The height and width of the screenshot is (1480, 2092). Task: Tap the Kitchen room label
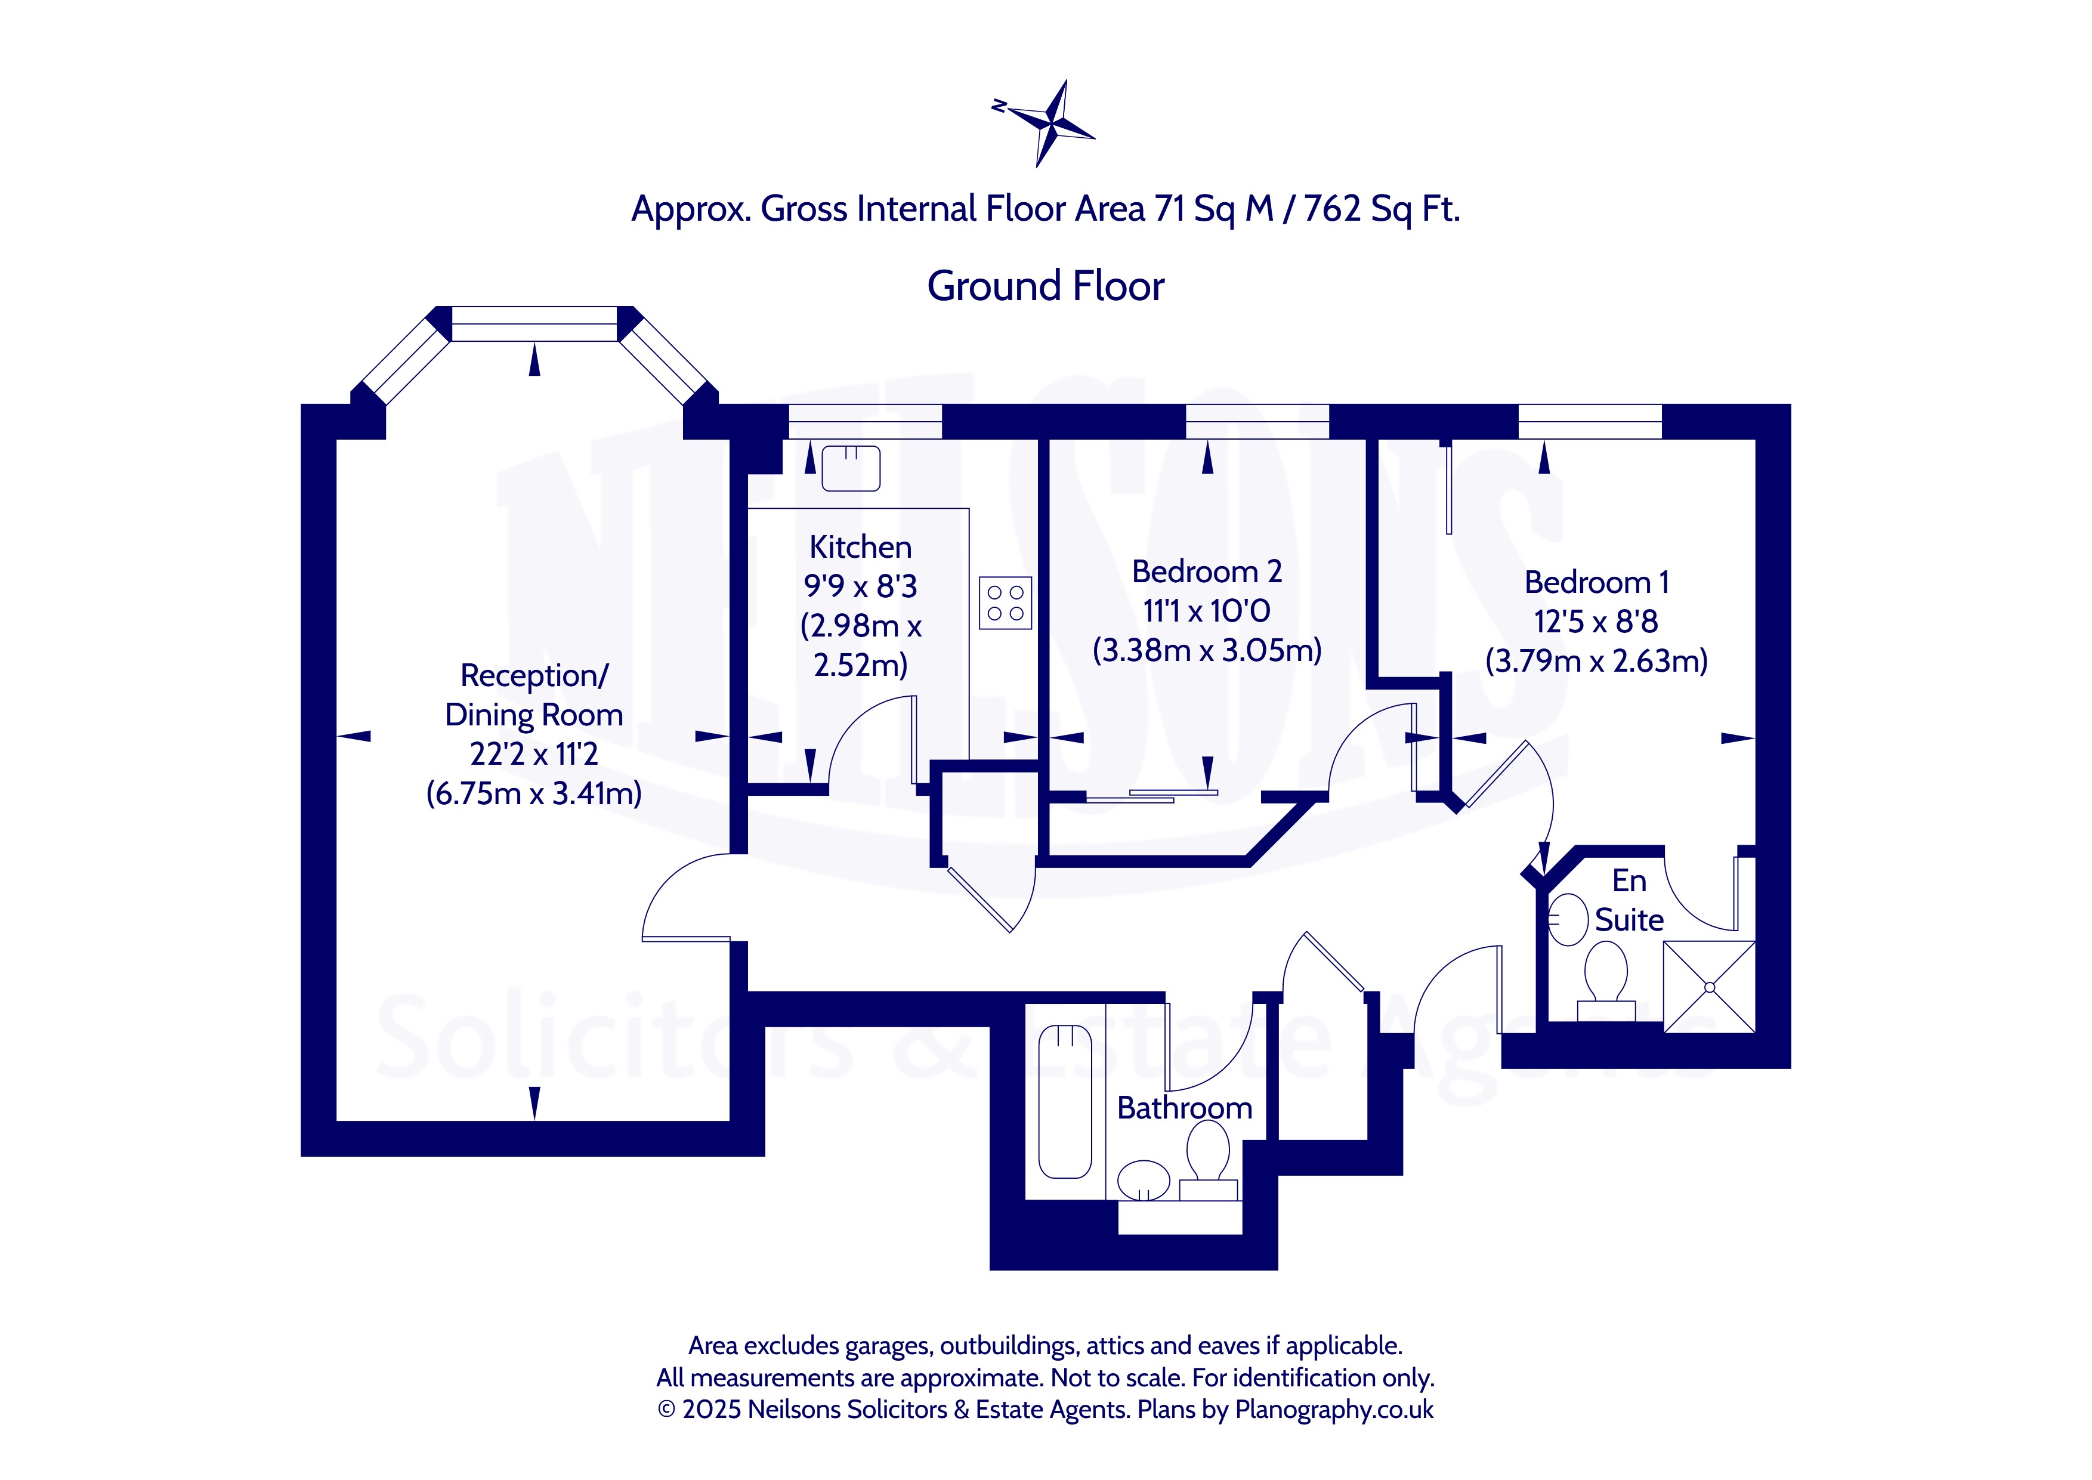860,547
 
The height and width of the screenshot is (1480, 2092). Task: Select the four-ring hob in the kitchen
1005,603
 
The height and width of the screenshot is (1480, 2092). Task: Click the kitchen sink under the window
851,468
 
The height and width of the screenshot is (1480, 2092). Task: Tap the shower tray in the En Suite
1709,987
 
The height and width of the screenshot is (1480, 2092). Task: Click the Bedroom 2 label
1206,571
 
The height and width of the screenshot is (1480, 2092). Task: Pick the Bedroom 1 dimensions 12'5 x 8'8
1596,622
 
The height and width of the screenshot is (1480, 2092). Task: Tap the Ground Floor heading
1045,286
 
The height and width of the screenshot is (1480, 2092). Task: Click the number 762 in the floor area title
1332,209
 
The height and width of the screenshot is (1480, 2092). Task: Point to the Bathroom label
1185,1108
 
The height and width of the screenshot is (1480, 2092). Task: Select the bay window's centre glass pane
535,323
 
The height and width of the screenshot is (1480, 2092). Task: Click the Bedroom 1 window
1590,422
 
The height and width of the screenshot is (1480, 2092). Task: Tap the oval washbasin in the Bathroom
1144,1180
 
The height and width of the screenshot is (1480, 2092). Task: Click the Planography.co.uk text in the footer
1334,1410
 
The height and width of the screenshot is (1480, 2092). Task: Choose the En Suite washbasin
1569,919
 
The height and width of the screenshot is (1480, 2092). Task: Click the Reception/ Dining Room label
534,696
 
